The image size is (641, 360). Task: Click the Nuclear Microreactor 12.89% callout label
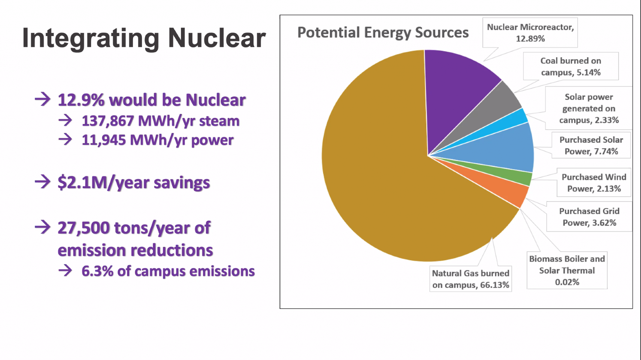[530, 33]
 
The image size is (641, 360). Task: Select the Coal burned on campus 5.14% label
[571, 66]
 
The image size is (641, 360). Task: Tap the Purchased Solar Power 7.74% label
[591, 145]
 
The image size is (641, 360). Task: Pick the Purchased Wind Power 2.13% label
[594, 183]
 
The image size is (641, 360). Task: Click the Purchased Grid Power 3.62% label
[589, 217]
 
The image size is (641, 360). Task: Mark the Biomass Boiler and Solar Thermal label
[567, 270]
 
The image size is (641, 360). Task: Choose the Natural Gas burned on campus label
[470, 279]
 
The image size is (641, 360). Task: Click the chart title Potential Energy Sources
[383, 33]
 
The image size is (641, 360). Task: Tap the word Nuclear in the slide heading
[217, 38]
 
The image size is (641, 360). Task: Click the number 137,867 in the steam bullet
[108, 121]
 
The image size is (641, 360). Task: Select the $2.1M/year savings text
[134, 183]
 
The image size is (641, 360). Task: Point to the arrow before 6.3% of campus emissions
[65, 271]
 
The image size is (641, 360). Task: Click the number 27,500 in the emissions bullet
[84, 228]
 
